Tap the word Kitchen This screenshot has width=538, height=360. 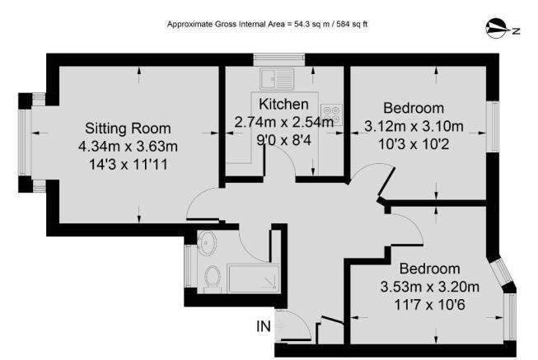tap(283, 105)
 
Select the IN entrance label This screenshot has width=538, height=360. tap(263, 327)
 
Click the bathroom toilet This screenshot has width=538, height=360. tap(212, 277)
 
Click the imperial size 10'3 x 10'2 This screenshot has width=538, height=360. tap(414, 144)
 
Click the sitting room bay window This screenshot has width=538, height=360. tap(27, 142)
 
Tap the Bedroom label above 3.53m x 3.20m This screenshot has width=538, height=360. tap(428, 269)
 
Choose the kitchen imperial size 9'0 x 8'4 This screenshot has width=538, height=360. tap(283, 139)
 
